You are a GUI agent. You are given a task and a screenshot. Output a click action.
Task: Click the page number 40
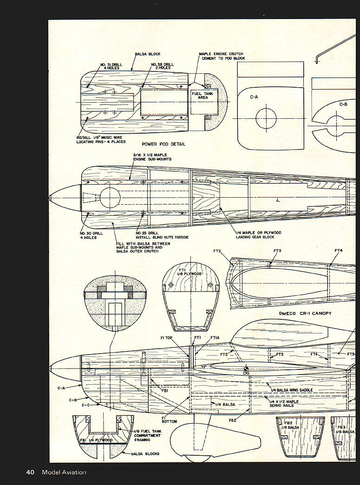coord(30,472)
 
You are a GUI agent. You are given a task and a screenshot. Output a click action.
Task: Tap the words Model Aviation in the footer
coord(64,472)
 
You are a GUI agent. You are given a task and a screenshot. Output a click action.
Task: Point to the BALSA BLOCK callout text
coord(147,54)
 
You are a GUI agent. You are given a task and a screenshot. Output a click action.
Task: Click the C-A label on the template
coord(254,97)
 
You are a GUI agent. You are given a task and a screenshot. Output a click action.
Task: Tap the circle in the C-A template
coord(266,119)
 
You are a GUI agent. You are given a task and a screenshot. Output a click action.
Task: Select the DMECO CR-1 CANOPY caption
coord(306,313)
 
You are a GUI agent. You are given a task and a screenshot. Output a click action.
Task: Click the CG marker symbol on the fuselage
coord(246,369)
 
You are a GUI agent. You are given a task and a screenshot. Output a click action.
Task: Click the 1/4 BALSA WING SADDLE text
coord(291,390)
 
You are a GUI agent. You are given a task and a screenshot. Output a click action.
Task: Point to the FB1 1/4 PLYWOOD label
coord(96,440)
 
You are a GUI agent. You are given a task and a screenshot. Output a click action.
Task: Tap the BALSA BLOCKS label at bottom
coord(145,453)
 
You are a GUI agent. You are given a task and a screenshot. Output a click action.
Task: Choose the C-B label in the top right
coord(343,104)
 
